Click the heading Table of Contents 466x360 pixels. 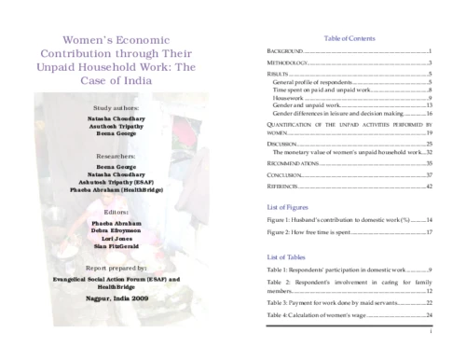coord(349,38)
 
